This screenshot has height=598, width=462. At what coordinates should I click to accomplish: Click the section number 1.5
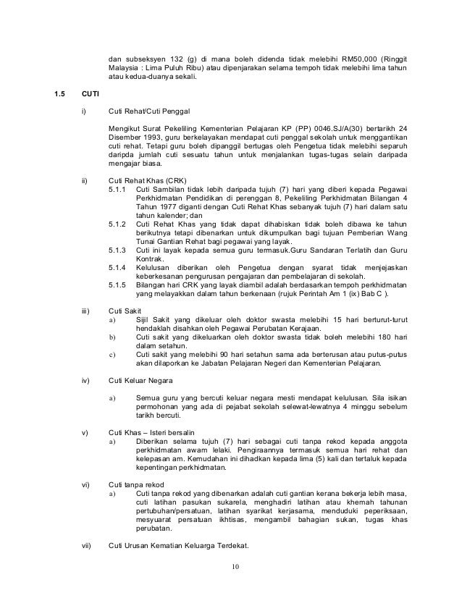coord(59,94)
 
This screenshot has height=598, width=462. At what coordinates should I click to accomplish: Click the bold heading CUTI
coord(91,94)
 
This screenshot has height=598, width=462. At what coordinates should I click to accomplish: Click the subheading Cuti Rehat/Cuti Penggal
coord(148,112)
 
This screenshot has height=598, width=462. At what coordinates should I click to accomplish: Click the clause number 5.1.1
coord(117,189)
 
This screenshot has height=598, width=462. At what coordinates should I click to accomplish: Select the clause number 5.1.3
coord(117,249)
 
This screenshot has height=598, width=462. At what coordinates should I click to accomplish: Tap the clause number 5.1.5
coord(117,285)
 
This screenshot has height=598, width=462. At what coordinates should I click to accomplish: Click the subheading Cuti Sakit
coord(125,311)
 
